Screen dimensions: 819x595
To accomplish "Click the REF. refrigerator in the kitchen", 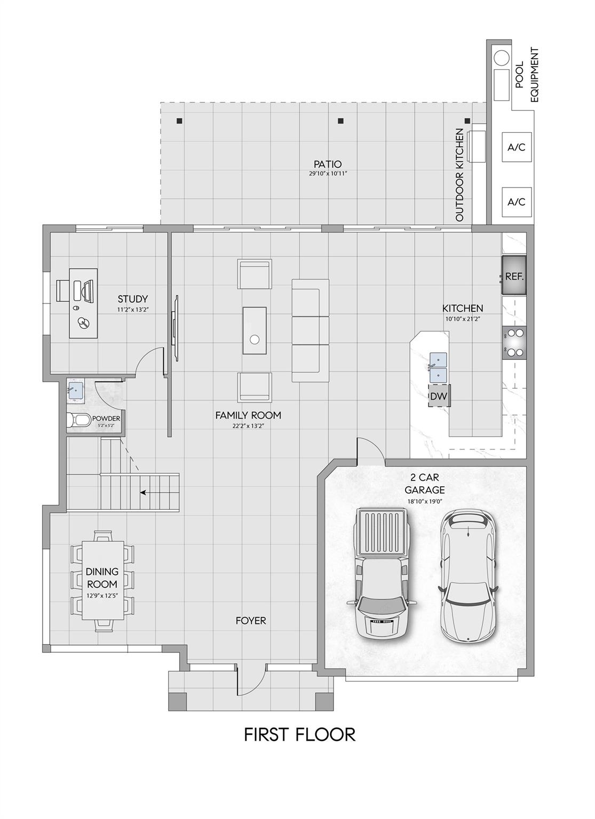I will (x=514, y=275).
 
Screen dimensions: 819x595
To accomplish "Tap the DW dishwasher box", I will (x=439, y=396).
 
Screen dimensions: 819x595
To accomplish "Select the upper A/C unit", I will (x=516, y=147).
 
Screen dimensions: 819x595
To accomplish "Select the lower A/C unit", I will (x=516, y=202).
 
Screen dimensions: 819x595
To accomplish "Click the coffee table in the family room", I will (x=255, y=330).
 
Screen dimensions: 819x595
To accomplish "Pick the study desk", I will (x=84, y=302).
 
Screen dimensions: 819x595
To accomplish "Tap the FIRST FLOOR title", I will (x=299, y=734).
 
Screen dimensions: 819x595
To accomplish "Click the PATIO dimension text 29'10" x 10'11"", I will (x=327, y=174).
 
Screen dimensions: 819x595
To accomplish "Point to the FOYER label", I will (x=251, y=621).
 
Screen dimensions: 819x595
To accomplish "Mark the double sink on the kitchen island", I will (x=438, y=366).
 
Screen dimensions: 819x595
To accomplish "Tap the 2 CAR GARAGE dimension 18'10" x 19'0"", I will (x=424, y=501).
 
